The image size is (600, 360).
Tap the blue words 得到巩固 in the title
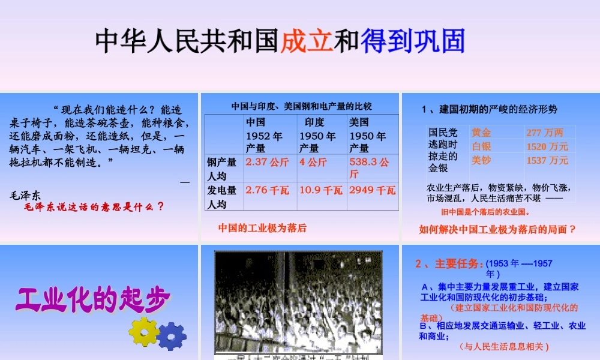413,40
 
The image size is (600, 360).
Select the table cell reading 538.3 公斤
371,168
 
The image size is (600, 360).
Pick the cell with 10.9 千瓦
320,190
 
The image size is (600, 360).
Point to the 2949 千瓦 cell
372,190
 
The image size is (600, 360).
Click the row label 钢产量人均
223,169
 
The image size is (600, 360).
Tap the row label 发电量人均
223,196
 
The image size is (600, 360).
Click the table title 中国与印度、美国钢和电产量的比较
301,106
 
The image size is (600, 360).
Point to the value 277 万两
545,133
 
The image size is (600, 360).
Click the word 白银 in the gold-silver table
481,146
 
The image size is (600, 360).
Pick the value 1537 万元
547,160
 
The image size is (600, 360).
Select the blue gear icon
172,335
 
